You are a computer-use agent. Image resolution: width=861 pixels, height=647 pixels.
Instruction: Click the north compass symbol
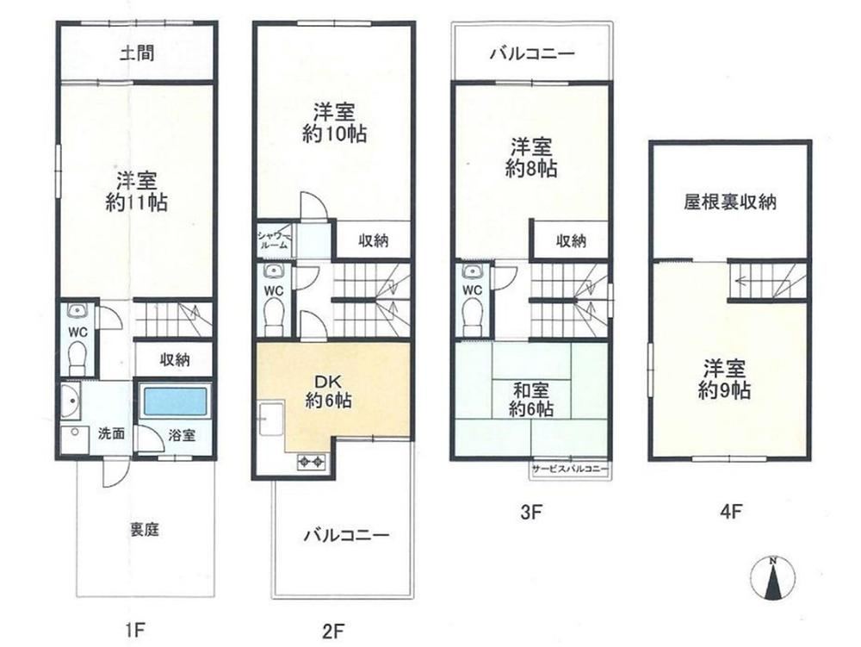[x=772, y=578]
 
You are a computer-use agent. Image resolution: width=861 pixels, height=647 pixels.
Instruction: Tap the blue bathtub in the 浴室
[x=176, y=401]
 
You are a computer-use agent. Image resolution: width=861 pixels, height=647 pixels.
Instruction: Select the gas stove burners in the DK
[x=312, y=463]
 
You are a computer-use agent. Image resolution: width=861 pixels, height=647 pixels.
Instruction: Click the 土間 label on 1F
[x=137, y=53]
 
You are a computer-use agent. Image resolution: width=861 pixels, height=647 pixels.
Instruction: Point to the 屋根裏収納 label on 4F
[x=730, y=202]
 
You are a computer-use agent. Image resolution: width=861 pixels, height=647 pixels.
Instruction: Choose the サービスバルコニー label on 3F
[x=569, y=469]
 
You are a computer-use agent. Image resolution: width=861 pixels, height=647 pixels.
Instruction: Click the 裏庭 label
[x=145, y=530]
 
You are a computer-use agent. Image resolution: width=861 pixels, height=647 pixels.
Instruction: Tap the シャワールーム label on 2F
[x=273, y=240]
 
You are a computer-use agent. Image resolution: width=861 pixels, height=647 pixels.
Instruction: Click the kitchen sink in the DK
[x=271, y=418]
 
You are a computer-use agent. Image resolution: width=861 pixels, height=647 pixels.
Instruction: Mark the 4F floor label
[x=731, y=512]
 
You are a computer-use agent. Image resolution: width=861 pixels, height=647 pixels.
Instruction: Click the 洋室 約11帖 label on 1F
[x=137, y=191]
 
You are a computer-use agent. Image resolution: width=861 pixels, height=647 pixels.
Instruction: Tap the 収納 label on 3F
[x=571, y=240]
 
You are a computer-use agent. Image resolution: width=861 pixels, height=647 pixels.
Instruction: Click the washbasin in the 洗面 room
[x=71, y=400]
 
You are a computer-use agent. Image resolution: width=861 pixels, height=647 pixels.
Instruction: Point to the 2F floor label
[x=333, y=631]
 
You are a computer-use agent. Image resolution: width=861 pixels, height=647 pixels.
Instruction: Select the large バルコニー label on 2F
[x=347, y=534]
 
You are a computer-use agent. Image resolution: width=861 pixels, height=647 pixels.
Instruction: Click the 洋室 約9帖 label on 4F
[x=724, y=379]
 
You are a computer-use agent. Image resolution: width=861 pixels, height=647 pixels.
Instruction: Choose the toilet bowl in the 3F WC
[x=472, y=320]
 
